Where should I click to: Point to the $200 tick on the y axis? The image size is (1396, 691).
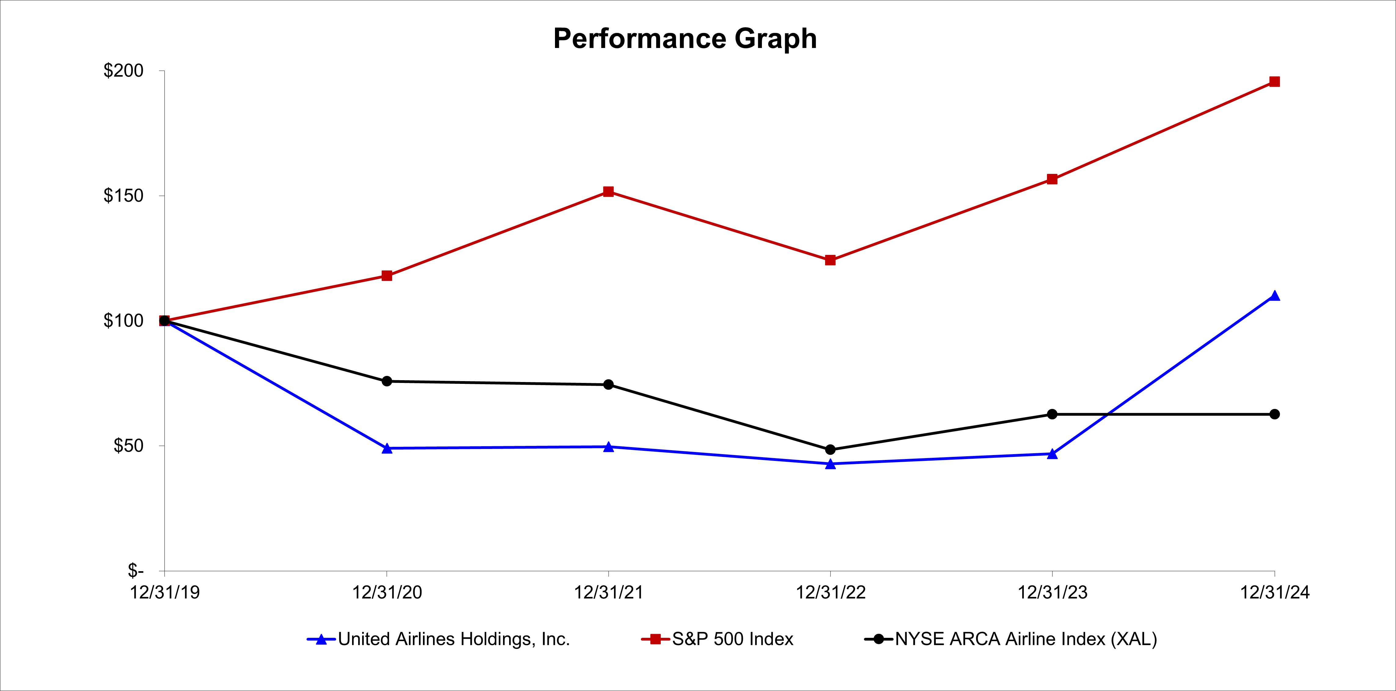click(123, 71)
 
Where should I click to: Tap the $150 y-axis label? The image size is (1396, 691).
click(123, 196)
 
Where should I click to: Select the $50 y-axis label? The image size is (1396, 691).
click(128, 446)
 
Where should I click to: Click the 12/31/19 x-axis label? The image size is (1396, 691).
click(165, 592)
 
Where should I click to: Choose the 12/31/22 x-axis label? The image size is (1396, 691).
click(830, 592)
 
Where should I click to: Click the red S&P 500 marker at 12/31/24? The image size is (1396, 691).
click(1275, 82)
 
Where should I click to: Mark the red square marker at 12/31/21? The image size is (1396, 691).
click(608, 192)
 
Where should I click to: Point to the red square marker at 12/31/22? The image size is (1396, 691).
click(830, 260)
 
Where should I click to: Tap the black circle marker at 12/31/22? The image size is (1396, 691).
click(830, 450)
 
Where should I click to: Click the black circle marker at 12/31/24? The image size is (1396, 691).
click(1275, 414)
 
